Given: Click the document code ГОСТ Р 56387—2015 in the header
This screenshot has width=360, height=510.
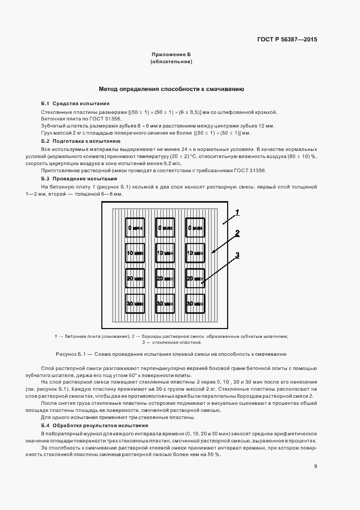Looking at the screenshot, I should tap(286, 40).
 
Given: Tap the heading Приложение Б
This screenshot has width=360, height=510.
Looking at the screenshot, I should tap(171, 55).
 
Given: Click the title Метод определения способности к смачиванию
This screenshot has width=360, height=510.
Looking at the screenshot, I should tap(170, 89).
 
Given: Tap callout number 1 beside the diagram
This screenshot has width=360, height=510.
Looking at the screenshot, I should tap(237, 211).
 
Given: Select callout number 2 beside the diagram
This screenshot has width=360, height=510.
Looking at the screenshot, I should tap(237, 233).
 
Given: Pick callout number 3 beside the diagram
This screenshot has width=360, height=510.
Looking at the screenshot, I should tap(237, 254).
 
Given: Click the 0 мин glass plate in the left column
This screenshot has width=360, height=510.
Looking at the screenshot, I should tap(135, 228).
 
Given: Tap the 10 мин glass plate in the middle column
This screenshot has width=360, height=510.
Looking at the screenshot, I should tap(164, 253).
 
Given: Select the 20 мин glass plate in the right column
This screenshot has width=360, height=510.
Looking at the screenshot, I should tap(194, 278).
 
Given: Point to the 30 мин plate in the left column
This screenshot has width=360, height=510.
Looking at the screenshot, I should tap(135, 303).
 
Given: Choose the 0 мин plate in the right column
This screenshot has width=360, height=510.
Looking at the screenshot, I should tap(194, 228).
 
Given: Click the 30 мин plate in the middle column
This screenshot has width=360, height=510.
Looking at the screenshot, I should tap(164, 303).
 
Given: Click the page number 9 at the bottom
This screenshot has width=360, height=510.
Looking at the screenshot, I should tap(315, 466).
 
